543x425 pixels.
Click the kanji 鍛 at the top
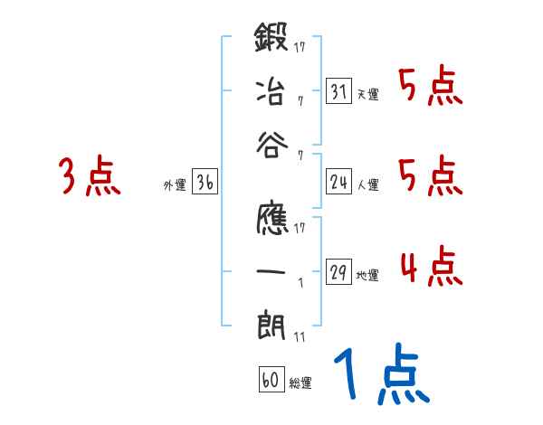click(x=272, y=42)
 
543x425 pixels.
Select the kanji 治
click(x=272, y=91)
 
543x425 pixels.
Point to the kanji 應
click(x=272, y=224)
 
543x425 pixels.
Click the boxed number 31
click(x=338, y=91)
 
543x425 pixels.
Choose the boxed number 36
click(x=205, y=183)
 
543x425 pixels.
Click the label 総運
click(x=300, y=383)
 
